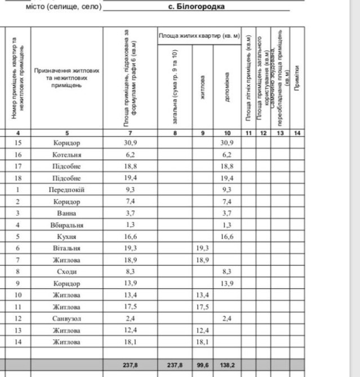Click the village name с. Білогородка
[x=196, y=7]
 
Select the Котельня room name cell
[x=66, y=155]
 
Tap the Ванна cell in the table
[x=66, y=213]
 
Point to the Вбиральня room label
[x=66, y=225]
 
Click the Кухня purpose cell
[x=66, y=237]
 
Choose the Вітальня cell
[x=66, y=248]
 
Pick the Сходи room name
[x=66, y=272]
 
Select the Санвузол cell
[x=66, y=318]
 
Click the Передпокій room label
[x=66, y=190]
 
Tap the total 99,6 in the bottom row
[x=203, y=365]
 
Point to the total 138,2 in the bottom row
[x=227, y=365]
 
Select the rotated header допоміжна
[x=227, y=87]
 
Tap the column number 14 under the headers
[x=297, y=133]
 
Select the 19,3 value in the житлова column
[x=203, y=248]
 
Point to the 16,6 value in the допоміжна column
[x=227, y=237]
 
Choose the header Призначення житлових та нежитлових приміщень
[x=66, y=78]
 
